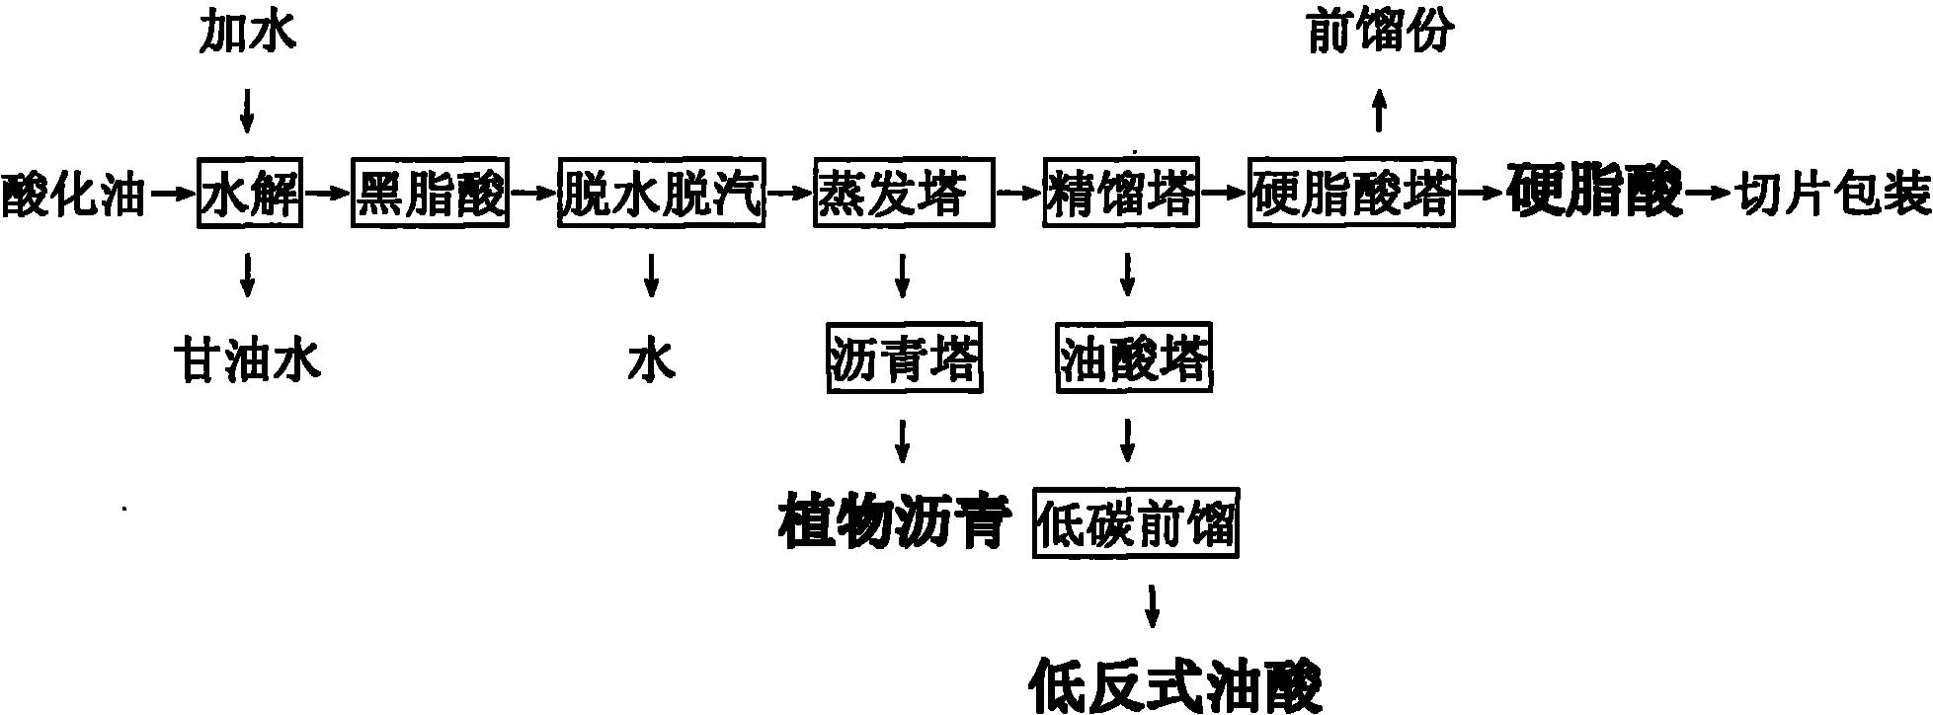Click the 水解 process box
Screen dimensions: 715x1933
250,193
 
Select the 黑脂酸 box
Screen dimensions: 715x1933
430,193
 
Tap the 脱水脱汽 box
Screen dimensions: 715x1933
661,193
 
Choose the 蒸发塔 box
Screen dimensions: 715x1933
904,193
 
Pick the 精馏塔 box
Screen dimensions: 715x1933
1121,193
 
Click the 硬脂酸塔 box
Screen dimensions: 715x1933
1351,193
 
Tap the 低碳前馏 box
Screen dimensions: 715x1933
1136,523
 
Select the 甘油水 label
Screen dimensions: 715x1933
247,359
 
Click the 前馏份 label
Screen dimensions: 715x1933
1380,34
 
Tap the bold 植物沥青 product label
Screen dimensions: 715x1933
895,523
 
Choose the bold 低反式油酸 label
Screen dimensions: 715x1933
1174,683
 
